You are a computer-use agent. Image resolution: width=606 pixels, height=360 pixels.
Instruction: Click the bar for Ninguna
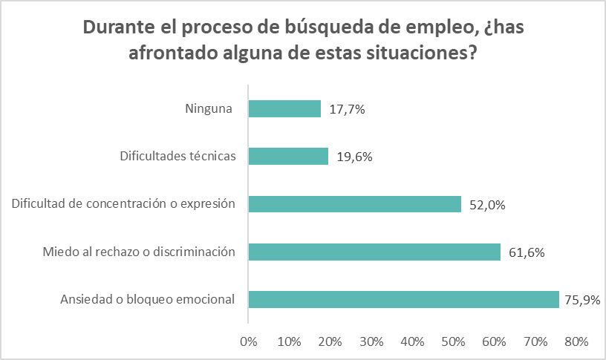tap(284, 109)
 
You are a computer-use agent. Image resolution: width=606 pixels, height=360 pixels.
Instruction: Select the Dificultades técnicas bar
tap(288, 157)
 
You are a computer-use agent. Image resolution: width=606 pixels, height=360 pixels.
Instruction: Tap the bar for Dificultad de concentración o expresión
tap(355, 204)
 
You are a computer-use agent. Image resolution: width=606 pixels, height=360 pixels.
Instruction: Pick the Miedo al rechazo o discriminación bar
tap(374, 252)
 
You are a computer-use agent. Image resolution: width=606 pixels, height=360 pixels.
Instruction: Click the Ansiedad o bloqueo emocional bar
tap(403, 299)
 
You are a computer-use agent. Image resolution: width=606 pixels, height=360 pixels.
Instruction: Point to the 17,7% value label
tap(347, 109)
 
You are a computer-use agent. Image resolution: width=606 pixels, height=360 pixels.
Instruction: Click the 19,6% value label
tap(354, 157)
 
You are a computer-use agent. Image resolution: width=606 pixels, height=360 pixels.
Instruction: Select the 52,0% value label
tap(487, 205)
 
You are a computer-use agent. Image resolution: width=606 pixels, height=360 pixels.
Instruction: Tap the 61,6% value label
tap(527, 252)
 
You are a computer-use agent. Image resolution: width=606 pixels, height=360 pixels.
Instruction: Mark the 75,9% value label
tap(584, 300)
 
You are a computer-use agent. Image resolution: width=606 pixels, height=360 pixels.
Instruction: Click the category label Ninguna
tap(209, 109)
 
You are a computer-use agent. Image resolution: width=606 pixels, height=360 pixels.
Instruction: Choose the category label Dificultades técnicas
tap(177, 157)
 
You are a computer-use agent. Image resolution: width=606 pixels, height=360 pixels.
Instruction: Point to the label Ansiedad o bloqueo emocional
tap(147, 300)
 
